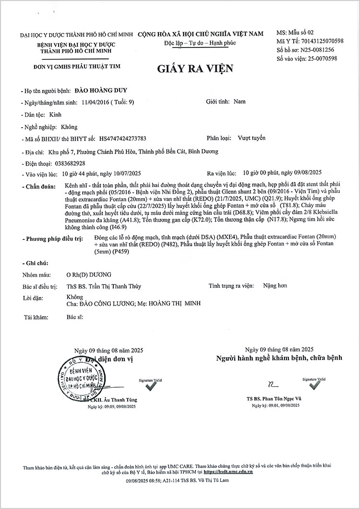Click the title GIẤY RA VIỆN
click(x=194, y=69)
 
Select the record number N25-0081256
click(x=318, y=50)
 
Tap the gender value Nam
click(x=239, y=102)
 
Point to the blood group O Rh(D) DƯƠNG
click(x=89, y=274)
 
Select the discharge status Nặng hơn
click(x=275, y=286)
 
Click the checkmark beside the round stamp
click(x=151, y=385)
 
